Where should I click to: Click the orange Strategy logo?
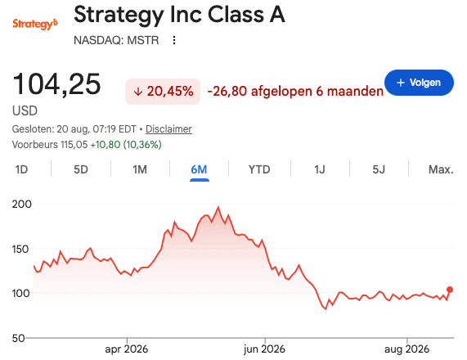35,24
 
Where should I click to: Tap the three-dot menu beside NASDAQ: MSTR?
174,40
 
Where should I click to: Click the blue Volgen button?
419,83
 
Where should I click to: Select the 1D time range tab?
21,169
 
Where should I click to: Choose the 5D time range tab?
81,169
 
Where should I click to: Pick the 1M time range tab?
140,169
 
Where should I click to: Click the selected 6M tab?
199,169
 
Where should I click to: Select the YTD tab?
259,169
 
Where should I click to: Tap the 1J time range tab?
320,169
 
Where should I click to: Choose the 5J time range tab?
379,169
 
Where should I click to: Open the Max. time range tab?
441,169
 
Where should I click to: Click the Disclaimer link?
168,129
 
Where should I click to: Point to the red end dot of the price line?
450,290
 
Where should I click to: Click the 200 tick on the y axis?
22,205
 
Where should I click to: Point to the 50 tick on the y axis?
19,338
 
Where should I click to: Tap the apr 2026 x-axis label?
126,349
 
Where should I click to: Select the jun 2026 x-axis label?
264,349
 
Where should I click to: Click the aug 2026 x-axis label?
406,349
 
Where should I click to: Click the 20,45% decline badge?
163,92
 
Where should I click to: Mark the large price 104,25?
56,84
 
